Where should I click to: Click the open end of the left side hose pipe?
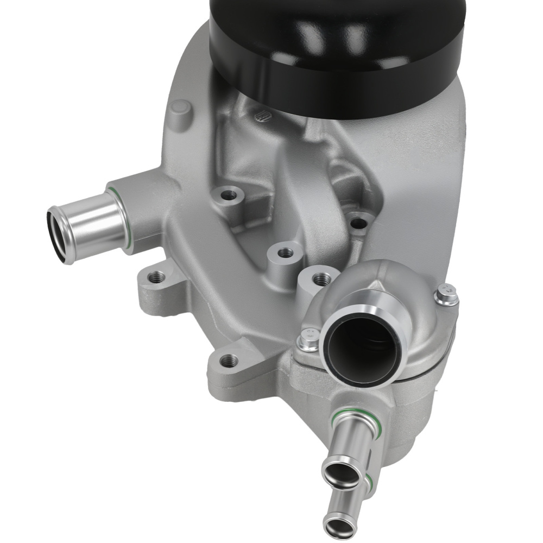coord(60,236)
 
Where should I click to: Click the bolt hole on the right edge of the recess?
coord(357,222)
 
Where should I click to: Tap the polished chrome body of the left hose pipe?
coord(92,225)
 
